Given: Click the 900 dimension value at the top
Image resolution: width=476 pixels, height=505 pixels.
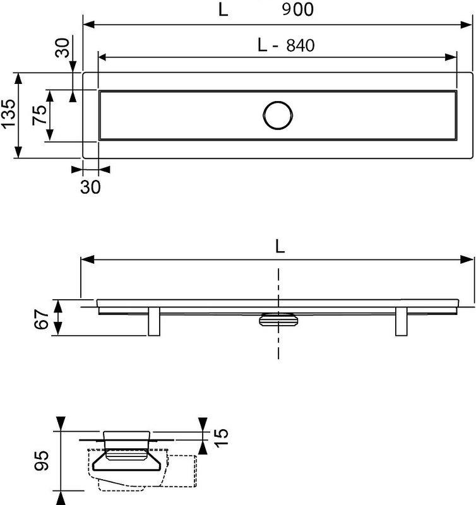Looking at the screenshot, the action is click(297, 9).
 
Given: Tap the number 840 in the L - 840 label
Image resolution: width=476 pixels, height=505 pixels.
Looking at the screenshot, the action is click(300, 45).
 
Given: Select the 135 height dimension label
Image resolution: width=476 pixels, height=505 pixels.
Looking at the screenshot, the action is click(8, 114).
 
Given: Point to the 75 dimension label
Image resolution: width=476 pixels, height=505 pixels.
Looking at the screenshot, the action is click(39, 115).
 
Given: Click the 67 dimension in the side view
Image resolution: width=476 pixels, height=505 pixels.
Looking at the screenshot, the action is click(41, 319).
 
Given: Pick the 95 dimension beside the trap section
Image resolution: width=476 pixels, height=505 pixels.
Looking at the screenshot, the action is click(42, 461).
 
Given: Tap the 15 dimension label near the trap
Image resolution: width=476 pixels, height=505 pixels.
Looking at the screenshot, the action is click(221, 437).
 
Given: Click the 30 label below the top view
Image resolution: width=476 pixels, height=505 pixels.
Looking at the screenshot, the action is click(90, 187).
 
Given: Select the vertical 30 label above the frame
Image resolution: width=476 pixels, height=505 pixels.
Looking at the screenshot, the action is click(62, 48).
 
